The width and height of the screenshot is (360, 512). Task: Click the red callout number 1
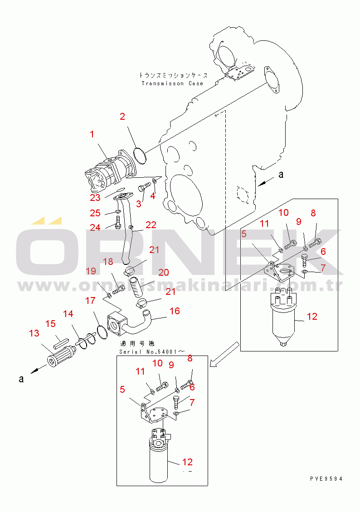92,134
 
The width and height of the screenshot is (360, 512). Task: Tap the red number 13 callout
34,333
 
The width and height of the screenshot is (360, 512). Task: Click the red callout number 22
151,225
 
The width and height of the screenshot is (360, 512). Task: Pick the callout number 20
163,272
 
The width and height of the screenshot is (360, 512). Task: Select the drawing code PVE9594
326,479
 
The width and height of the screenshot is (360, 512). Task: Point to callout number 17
90,301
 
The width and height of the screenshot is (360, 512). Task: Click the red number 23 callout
95,198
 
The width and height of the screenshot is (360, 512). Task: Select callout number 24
95,228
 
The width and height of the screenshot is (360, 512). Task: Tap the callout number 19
91,271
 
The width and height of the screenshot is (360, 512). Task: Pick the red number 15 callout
50,323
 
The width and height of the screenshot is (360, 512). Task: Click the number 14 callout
68,313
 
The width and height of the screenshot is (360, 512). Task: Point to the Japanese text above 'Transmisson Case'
173,75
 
